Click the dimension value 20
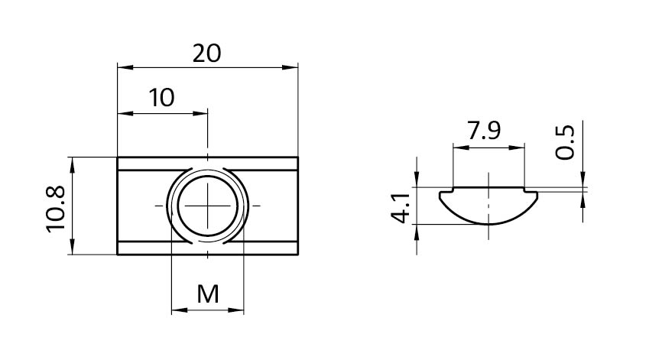coord(207,53)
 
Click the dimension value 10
coord(161,98)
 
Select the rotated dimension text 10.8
coord(56,206)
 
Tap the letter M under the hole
coord(207,293)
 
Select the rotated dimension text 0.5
coord(565,142)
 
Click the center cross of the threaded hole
coord(207,206)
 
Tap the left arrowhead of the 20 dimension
coord(122,67)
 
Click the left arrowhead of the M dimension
coord(175,310)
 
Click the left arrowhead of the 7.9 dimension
coord(456,147)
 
